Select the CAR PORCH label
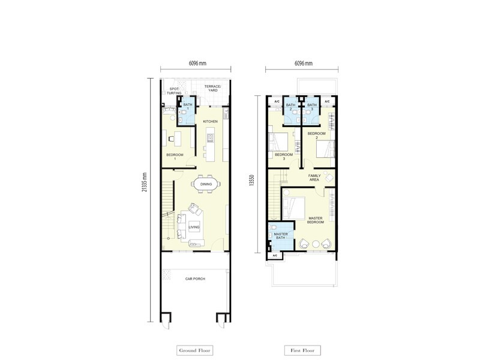coord(196,279)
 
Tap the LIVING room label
coord(193,227)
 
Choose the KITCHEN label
coord(210,122)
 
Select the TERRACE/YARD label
coord(212,89)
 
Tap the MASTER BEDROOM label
coord(315,220)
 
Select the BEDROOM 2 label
coord(316,134)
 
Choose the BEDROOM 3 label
coord(283,157)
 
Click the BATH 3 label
coord(311,107)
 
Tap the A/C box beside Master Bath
coord(275,256)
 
